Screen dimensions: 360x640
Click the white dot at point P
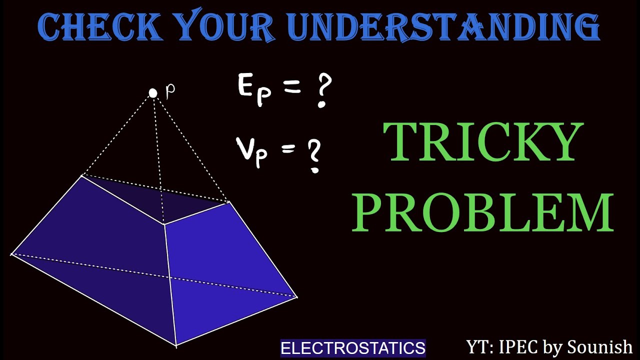point(153,93)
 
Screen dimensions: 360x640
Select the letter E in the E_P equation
point(246,86)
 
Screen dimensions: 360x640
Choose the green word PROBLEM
point(483,212)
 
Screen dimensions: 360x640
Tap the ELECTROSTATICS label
point(353,348)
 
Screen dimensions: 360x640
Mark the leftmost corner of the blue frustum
point(11,254)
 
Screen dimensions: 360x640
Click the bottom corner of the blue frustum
point(176,344)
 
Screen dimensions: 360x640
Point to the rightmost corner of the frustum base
point(297,297)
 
